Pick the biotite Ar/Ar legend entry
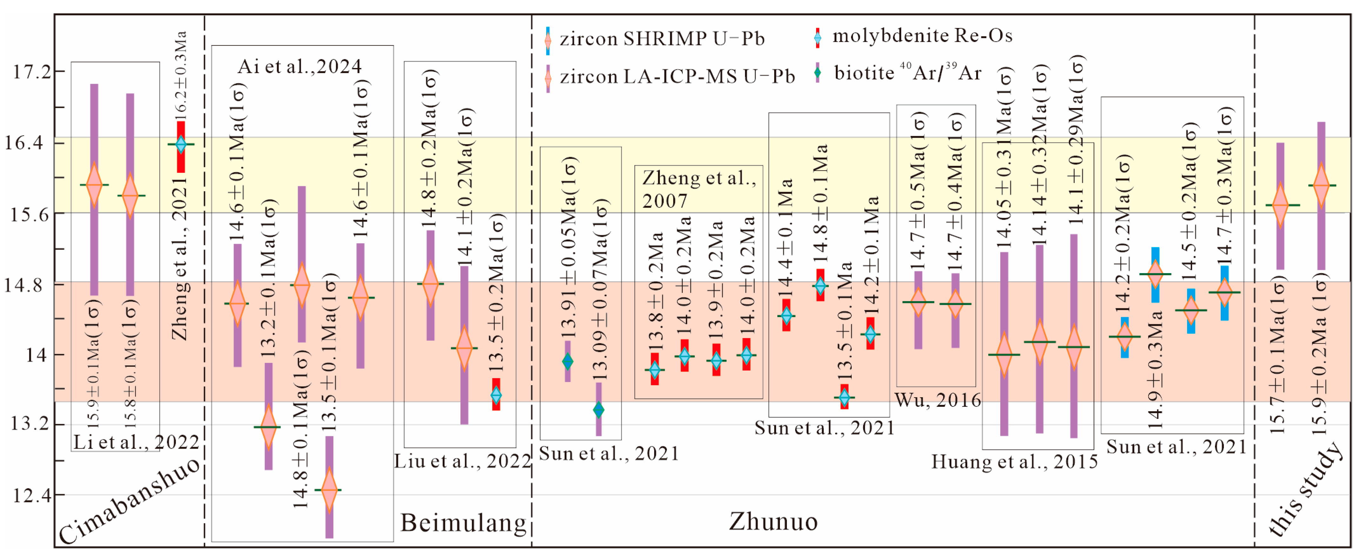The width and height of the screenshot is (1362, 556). pos(907,72)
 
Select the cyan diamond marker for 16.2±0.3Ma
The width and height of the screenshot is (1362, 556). pos(181,144)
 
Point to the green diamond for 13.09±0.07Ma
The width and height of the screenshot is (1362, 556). pos(599,410)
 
